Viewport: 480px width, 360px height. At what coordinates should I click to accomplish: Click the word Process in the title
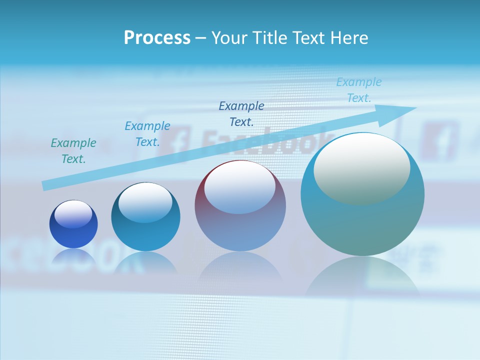[x=157, y=37]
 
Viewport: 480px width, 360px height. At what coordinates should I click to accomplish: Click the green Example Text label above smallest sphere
[x=73, y=151]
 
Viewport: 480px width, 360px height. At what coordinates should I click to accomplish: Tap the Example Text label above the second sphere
[x=147, y=134]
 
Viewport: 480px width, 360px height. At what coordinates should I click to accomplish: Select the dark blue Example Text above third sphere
[x=241, y=113]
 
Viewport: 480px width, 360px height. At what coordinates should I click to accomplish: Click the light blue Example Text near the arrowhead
[x=359, y=90]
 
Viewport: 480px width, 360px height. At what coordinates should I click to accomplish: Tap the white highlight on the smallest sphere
[x=73, y=214]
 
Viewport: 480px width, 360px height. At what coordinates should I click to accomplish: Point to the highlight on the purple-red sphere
[x=239, y=186]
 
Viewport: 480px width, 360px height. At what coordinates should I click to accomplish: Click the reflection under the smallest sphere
[x=73, y=256]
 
